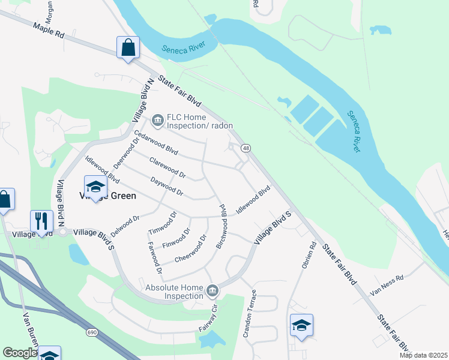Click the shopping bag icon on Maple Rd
pyautogui.click(x=128, y=47)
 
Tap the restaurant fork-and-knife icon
pyautogui.click(x=41, y=221)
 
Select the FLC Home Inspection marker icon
pyautogui.click(x=157, y=121)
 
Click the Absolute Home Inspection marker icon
pyautogui.click(x=211, y=292)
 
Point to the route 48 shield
pyautogui.click(x=246, y=148)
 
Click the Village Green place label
pyautogui.click(x=108, y=196)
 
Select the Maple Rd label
pyautogui.click(x=49, y=31)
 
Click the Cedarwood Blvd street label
pyautogui.click(x=156, y=142)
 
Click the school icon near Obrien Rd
pyautogui.click(x=301, y=326)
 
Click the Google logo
pyautogui.click(x=20, y=353)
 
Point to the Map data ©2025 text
pyautogui.click(x=423, y=355)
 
